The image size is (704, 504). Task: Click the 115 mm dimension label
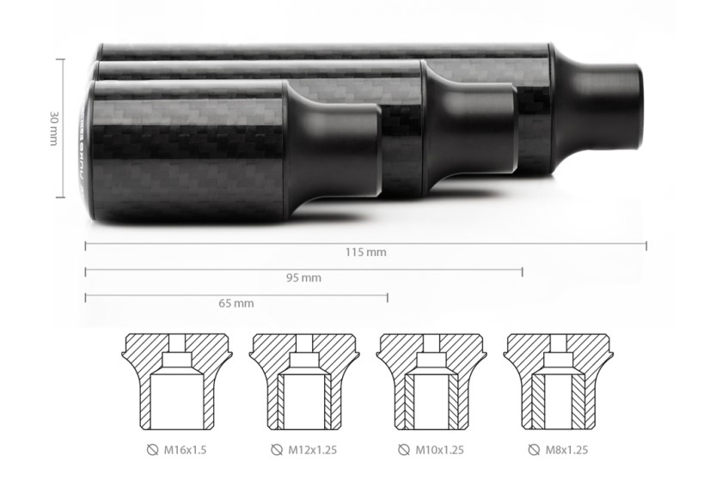pos(366,252)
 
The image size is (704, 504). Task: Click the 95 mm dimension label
pos(304,278)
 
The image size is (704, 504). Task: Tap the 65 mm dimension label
pos(236,304)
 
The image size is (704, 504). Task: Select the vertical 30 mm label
pos(54,128)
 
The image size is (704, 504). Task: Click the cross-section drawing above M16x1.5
pos(177,381)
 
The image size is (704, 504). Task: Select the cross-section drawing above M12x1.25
pos(304,381)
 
